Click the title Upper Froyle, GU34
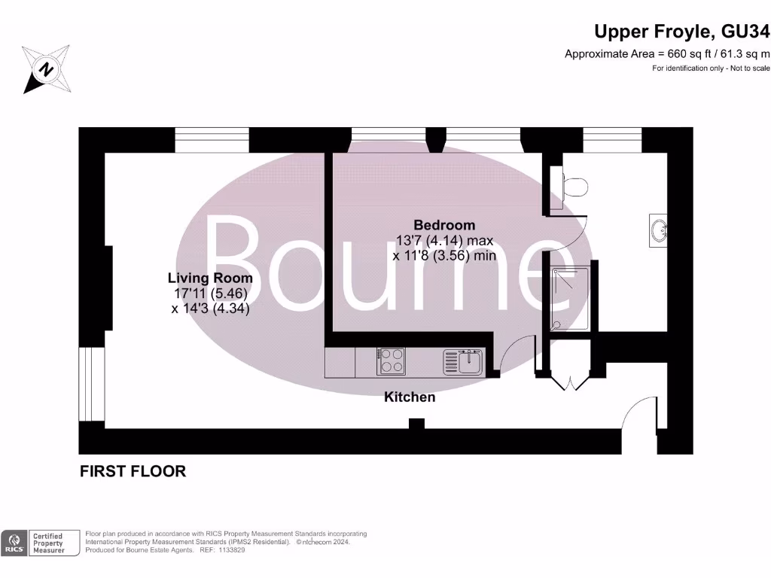[x=682, y=32]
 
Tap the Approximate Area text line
[x=667, y=53]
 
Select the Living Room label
[x=209, y=278]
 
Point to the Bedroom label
[x=444, y=225]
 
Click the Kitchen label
[x=410, y=397]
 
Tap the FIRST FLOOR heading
[x=133, y=472]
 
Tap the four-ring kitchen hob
[x=391, y=361]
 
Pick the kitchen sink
[x=462, y=361]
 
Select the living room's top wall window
[x=212, y=140]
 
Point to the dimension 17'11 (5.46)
[x=209, y=294]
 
